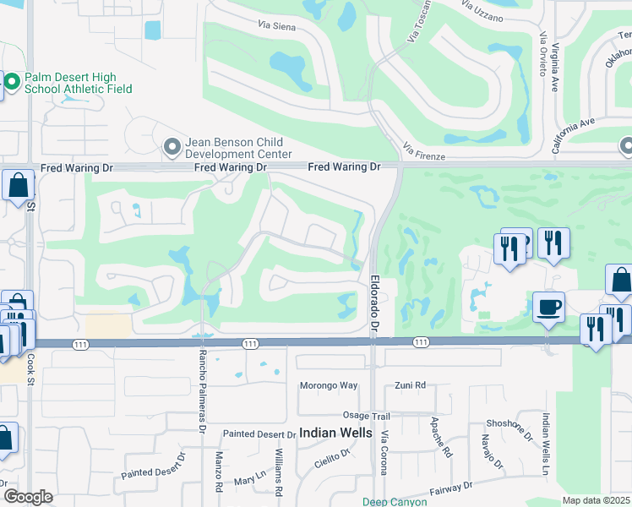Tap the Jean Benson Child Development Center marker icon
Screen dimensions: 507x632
(172, 148)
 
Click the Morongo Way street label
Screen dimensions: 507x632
(329, 386)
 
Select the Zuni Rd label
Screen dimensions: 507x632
(411, 386)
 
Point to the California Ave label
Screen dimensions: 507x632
(575, 135)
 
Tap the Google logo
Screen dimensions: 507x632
(28, 497)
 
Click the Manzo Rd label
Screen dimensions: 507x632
(217, 472)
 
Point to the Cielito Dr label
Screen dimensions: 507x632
(333, 459)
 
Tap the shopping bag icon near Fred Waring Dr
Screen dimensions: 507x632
(18, 186)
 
